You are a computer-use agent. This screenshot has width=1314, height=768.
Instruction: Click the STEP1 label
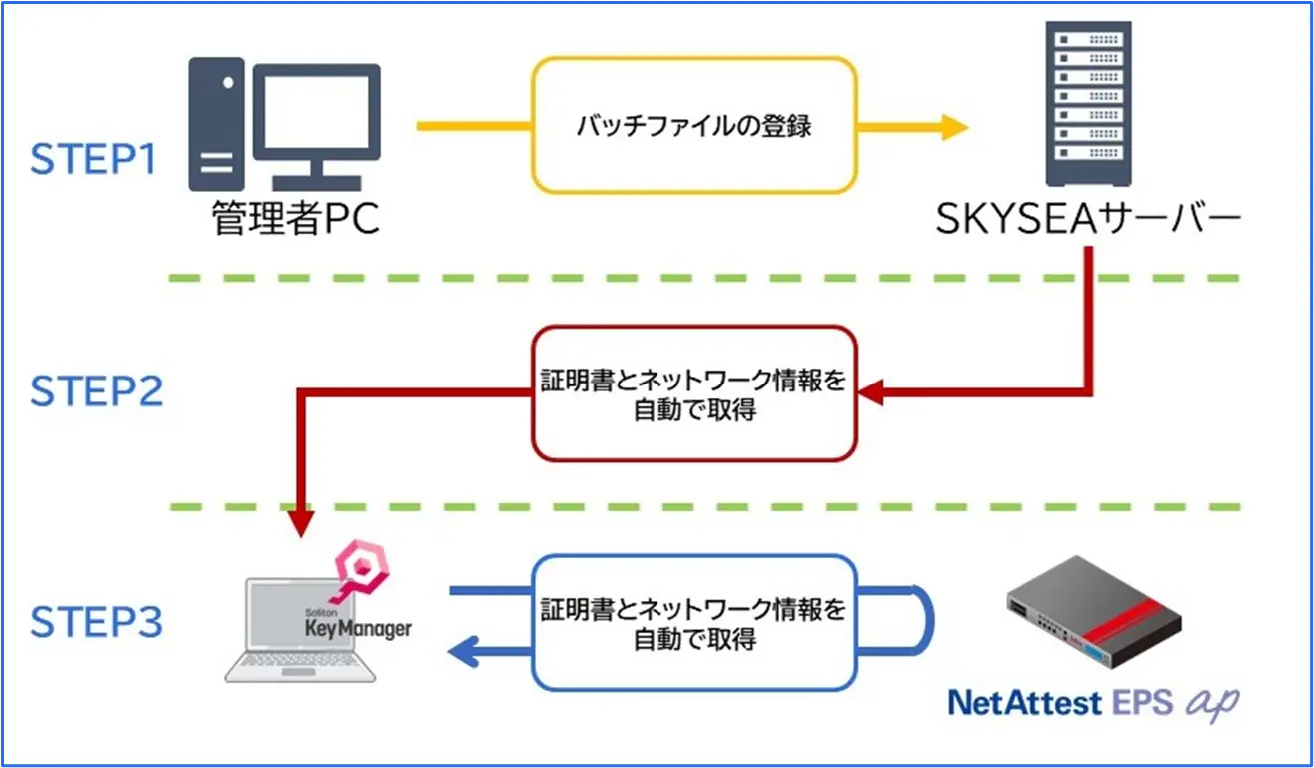click(94, 160)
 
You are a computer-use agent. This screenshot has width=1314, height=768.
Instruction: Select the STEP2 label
click(96, 392)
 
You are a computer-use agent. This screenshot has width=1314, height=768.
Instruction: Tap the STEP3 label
click(96, 622)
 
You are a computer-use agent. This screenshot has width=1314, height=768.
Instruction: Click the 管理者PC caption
click(296, 220)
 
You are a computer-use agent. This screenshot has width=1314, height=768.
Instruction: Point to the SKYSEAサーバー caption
click(1087, 220)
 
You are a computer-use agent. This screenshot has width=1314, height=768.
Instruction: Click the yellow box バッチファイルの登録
click(693, 126)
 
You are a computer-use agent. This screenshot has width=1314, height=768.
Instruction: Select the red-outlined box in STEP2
click(693, 393)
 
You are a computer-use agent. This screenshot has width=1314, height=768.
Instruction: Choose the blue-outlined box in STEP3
click(693, 623)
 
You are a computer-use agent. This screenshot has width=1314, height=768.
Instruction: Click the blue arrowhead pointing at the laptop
click(462, 654)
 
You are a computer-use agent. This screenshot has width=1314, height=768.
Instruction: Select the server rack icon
click(1089, 104)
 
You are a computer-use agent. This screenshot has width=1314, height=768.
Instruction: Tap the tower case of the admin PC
click(217, 124)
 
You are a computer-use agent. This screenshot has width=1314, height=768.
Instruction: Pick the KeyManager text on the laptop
click(357, 629)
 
